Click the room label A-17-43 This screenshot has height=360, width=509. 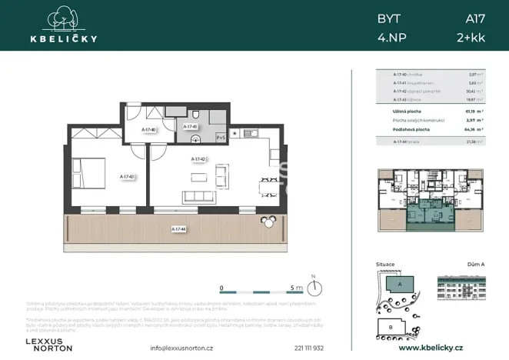click(128, 176)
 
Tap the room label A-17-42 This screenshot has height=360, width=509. click(200, 159)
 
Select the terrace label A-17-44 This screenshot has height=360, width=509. click(178, 228)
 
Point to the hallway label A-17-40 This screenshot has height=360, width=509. click(150, 130)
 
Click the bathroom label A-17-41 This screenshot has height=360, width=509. click(191, 126)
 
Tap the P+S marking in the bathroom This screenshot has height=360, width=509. click(220, 138)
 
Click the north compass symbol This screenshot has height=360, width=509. click(314, 288)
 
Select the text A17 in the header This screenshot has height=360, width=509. click(475, 17)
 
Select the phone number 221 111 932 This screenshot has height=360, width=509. click(273, 348)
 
